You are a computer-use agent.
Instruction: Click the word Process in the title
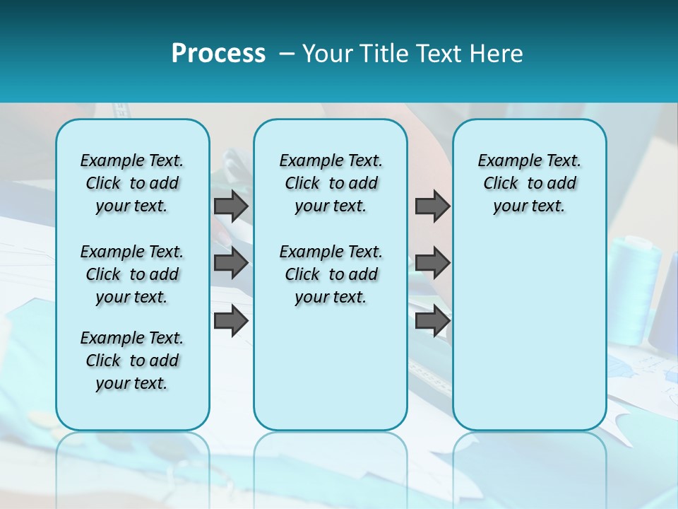click(x=218, y=54)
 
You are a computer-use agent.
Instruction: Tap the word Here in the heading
click(x=496, y=54)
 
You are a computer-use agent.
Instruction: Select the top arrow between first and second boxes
click(x=231, y=206)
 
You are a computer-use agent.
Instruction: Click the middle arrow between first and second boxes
click(x=231, y=263)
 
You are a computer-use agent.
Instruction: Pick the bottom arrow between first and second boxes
click(x=231, y=321)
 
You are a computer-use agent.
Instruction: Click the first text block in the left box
click(x=132, y=183)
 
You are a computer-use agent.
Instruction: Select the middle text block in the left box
click(x=132, y=274)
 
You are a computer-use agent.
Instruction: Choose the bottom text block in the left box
click(x=132, y=361)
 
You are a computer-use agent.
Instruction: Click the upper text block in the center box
click(x=331, y=183)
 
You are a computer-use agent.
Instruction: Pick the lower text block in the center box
click(x=331, y=274)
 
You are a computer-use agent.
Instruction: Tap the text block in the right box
click(x=529, y=183)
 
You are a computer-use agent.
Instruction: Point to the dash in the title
click(x=287, y=54)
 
